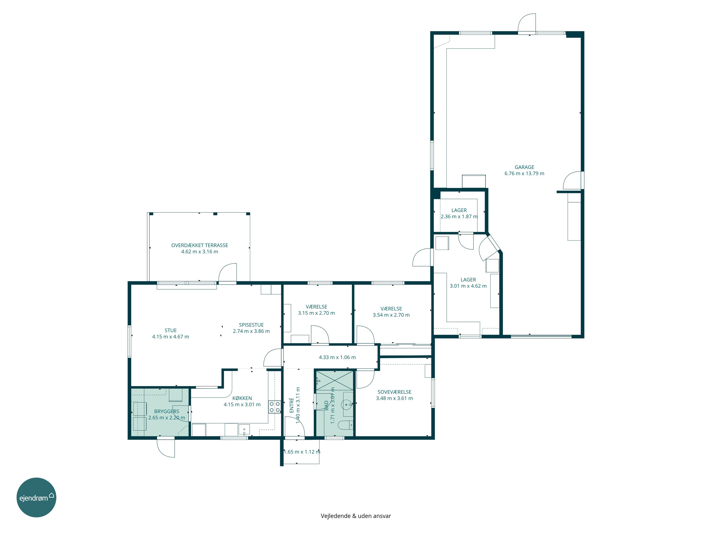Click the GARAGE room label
coord(524,167)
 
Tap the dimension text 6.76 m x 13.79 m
coord(524,173)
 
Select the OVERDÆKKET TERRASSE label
coord(200,245)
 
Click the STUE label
coord(171,330)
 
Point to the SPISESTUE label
coord(251,325)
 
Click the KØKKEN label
coord(242,398)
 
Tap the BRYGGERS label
coord(167,411)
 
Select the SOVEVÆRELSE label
coord(394,392)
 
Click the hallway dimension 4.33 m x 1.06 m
coord(337,357)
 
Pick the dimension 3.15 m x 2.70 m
coord(316,313)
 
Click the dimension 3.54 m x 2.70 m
coord(391,315)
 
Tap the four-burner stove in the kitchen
coord(275,407)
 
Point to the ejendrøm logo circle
coord(36,497)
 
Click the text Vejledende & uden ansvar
coord(356,516)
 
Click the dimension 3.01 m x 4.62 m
coord(468,286)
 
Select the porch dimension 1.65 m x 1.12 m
coord(302,452)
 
